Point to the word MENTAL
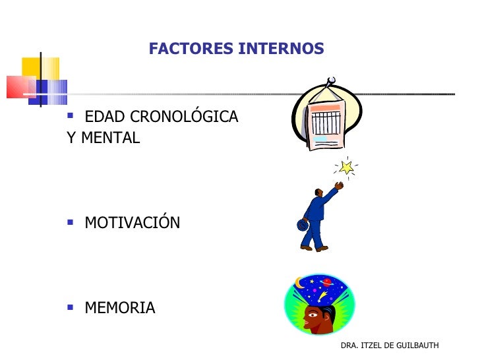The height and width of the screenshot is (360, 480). tap(110, 138)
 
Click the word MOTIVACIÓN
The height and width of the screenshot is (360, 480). tap(132, 223)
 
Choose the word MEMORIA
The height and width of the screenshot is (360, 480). tap(120, 308)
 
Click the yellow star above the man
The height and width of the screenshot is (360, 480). tap(346, 167)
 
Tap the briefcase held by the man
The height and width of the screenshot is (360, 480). tap(303, 224)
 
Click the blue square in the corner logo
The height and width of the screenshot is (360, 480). tap(53, 89)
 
